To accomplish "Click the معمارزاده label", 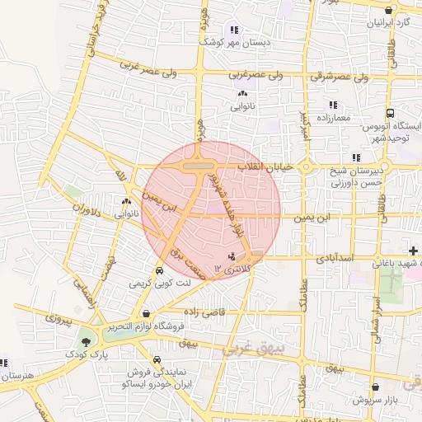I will pyautogui.click(x=332, y=118).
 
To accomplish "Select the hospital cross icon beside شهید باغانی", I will pyautogui.click(x=413, y=250).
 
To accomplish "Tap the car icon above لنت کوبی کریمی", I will pyautogui.click(x=159, y=270).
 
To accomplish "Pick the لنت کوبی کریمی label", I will pyautogui.click(x=165, y=282).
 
